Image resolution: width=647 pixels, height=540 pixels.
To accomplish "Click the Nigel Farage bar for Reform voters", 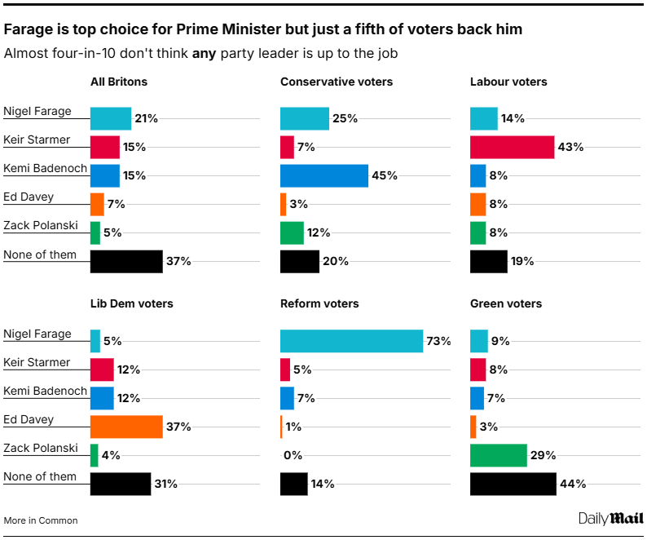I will (x=351, y=341).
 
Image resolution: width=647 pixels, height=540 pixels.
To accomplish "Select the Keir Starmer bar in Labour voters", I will (x=512, y=147).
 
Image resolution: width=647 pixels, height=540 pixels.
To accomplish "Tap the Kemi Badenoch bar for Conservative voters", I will (x=323, y=175).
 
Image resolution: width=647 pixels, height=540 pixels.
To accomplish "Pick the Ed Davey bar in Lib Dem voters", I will (x=126, y=427).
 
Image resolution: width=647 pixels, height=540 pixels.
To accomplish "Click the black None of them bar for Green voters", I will (x=513, y=484).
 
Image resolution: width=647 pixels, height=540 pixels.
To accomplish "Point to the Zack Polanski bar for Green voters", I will (x=498, y=455).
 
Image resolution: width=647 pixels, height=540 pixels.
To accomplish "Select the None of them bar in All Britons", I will (x=126, y=261).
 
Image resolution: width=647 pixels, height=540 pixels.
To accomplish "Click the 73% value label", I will (x=438, y=341).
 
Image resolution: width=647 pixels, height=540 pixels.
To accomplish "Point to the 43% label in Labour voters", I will (x=570, y=147).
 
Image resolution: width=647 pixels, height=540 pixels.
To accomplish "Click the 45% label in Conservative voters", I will (x=384, y=175).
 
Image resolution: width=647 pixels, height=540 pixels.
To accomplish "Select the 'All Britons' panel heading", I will (x=118, y=82).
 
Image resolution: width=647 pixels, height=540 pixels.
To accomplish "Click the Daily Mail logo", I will (x=610, y=518).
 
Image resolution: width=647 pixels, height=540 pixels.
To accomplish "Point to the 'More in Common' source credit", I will (x=41, y=520).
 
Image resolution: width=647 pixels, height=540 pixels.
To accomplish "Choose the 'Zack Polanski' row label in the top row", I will (x=40, y=226).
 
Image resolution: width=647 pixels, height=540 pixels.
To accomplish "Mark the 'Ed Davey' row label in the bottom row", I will (x=29, y=419).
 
